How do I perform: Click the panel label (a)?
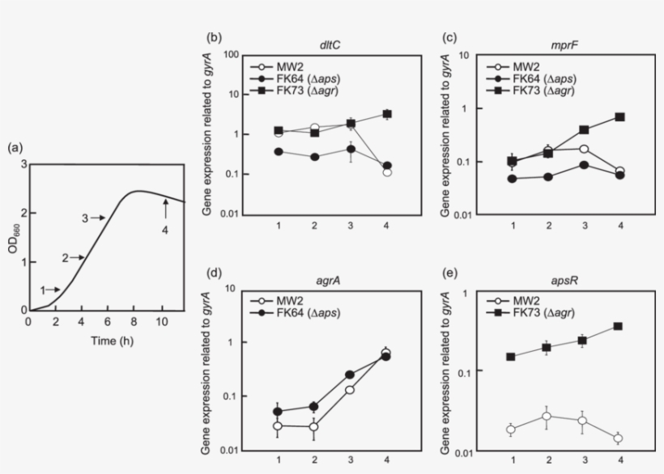15,149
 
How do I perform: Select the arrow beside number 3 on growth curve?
97,218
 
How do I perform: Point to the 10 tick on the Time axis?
162,322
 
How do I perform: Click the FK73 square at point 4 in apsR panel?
619,326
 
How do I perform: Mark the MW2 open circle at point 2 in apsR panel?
548,416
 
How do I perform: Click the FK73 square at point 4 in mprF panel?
619,116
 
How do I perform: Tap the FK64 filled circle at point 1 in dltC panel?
279,151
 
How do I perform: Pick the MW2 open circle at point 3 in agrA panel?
350,390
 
